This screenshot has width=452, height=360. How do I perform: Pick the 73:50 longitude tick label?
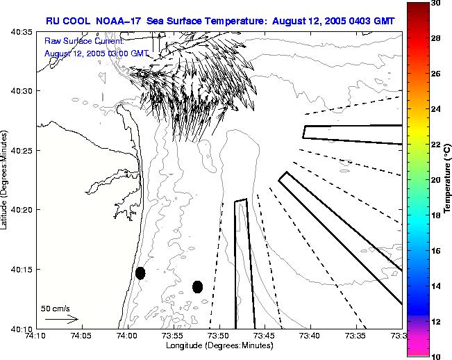[219, 336]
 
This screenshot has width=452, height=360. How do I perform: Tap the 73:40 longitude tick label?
[310, 336]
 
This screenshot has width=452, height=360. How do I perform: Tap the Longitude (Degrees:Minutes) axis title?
[219, 345]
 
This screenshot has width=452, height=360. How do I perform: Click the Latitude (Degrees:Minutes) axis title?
[6, 179]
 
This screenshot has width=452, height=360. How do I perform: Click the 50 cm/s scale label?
[56, 308]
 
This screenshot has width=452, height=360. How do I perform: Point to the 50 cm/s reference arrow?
[62, 319]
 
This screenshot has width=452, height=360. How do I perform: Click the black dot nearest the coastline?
[140, 273]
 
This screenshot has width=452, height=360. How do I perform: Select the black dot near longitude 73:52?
[197, 286]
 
